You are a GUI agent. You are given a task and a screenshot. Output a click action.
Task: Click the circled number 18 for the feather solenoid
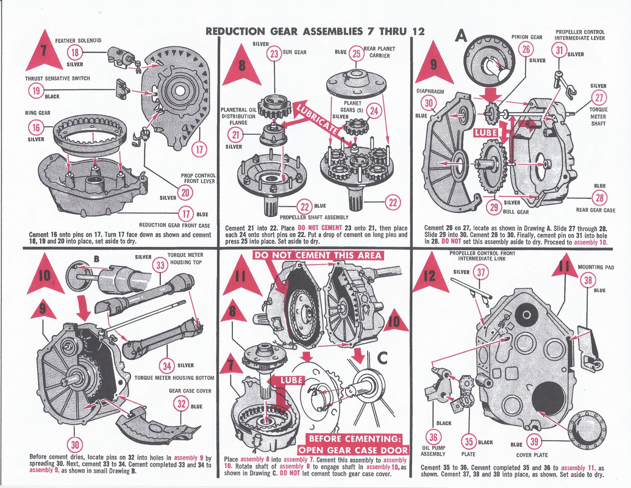75,52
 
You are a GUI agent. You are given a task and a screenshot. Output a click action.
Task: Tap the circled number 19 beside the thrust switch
36,91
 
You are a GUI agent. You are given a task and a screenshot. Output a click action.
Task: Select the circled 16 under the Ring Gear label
36,127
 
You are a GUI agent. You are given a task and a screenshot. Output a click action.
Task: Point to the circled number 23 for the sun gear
274,54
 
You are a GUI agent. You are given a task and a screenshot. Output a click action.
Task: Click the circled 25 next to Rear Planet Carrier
356,54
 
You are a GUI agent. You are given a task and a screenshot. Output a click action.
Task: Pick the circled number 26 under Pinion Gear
526,50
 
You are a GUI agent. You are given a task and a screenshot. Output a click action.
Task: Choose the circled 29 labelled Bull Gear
494,207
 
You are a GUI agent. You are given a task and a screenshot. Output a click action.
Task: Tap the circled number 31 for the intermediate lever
560,51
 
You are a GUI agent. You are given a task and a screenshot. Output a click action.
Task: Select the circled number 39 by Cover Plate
534,442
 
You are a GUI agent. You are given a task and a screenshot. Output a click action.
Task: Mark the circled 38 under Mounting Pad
588,280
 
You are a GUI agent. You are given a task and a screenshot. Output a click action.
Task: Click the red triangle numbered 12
430,274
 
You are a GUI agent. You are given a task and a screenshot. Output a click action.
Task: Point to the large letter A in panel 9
461,36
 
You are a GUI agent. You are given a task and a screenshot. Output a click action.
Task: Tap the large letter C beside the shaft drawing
382,357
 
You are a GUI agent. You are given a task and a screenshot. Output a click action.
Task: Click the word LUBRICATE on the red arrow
317,120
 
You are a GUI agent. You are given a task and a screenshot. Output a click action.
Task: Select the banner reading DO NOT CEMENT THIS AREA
318,255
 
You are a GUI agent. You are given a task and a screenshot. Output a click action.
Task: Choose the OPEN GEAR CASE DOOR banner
354,450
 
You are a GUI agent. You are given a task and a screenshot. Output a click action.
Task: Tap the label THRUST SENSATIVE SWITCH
57,79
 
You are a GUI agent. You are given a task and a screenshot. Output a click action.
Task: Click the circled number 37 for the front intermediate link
481,273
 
